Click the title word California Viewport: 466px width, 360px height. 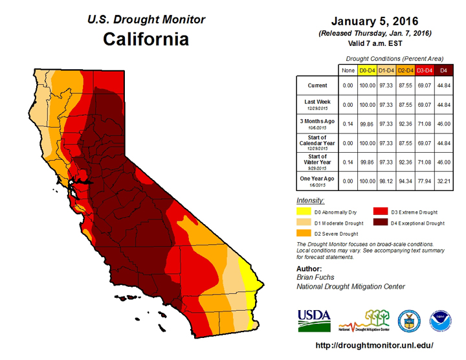[146, 39]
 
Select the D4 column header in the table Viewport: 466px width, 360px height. [443, 69]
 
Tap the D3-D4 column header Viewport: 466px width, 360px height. [424, 69]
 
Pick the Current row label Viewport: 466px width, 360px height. [317, 85]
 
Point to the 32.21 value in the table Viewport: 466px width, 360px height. [443, 181]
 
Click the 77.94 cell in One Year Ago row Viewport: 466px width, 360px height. [424, 181]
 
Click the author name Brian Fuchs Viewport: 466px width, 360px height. [316, 277]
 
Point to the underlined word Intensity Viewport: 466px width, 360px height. [311, 201]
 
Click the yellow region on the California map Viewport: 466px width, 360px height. [247, 275]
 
